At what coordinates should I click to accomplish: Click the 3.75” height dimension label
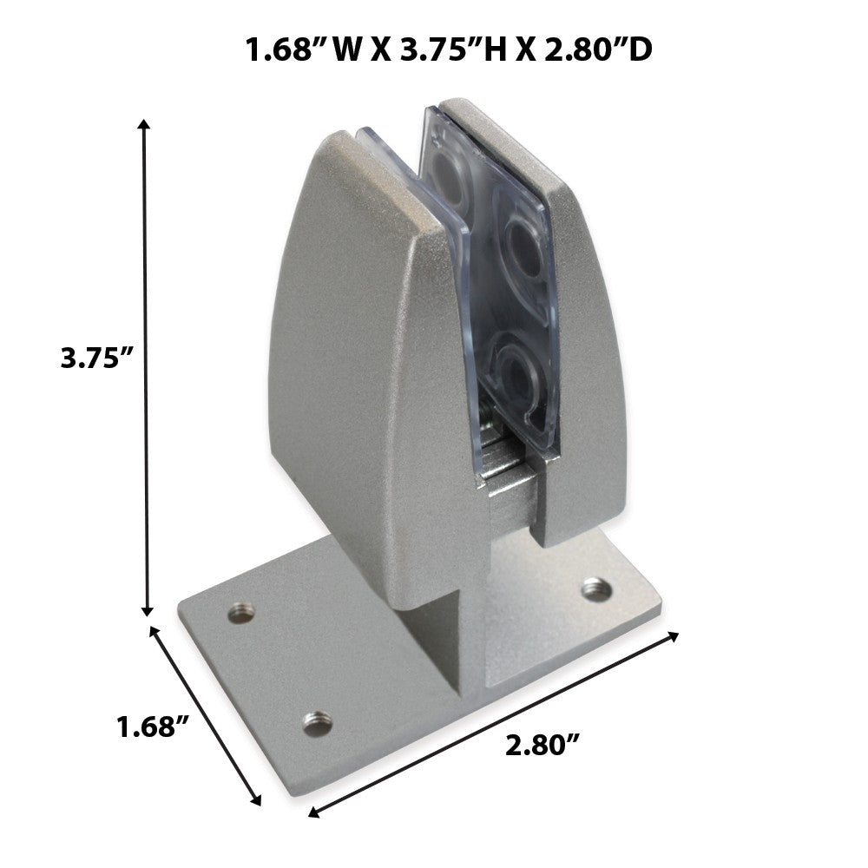click(x=97, y=358)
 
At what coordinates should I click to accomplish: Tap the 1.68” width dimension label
click(x=154, y=726)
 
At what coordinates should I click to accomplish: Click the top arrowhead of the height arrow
click(x=144, y=123)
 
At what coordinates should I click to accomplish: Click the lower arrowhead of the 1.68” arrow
click(x=256, y=800)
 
